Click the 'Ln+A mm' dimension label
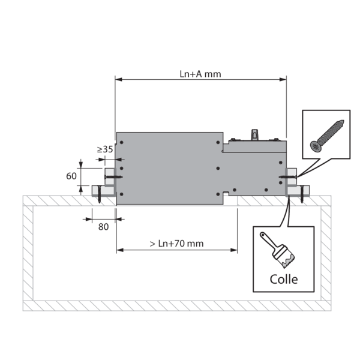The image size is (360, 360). (200, 73)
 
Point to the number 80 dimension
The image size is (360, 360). (103, 226)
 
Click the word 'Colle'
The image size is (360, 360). (283, 279)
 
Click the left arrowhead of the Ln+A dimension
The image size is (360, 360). (118, 79)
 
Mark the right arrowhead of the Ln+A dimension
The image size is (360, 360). (284, 79)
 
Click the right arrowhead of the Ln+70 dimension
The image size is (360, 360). (235, 250)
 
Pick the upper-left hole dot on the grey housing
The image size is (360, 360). (121, 143)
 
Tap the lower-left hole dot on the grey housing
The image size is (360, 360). (121, 194)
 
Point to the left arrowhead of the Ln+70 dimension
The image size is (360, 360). (119, 250)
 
